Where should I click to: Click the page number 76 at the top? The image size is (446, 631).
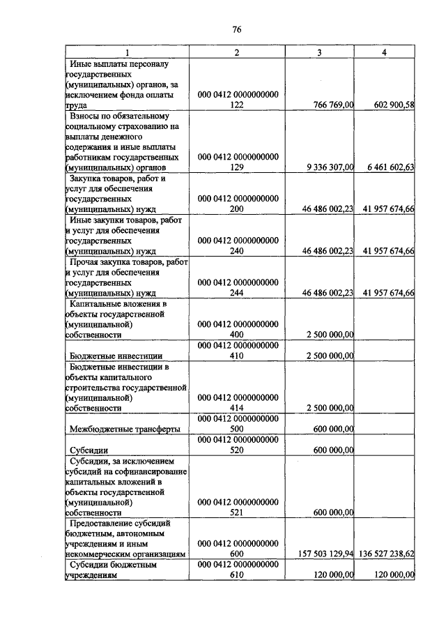click(x=236, y=29)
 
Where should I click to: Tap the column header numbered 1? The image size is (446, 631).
click(x=127, y=53)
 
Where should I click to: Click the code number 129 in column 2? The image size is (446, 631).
click(x=237, y=167)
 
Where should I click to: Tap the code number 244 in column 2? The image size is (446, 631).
click(x=237, y=293)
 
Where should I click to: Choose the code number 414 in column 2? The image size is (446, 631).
click(x=237, y=408)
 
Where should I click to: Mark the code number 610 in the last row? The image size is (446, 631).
click(x=237, y=575)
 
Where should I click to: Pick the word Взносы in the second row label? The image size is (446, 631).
click(x=86, y=115)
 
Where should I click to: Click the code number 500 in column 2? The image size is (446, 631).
click(x=237, y=429)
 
